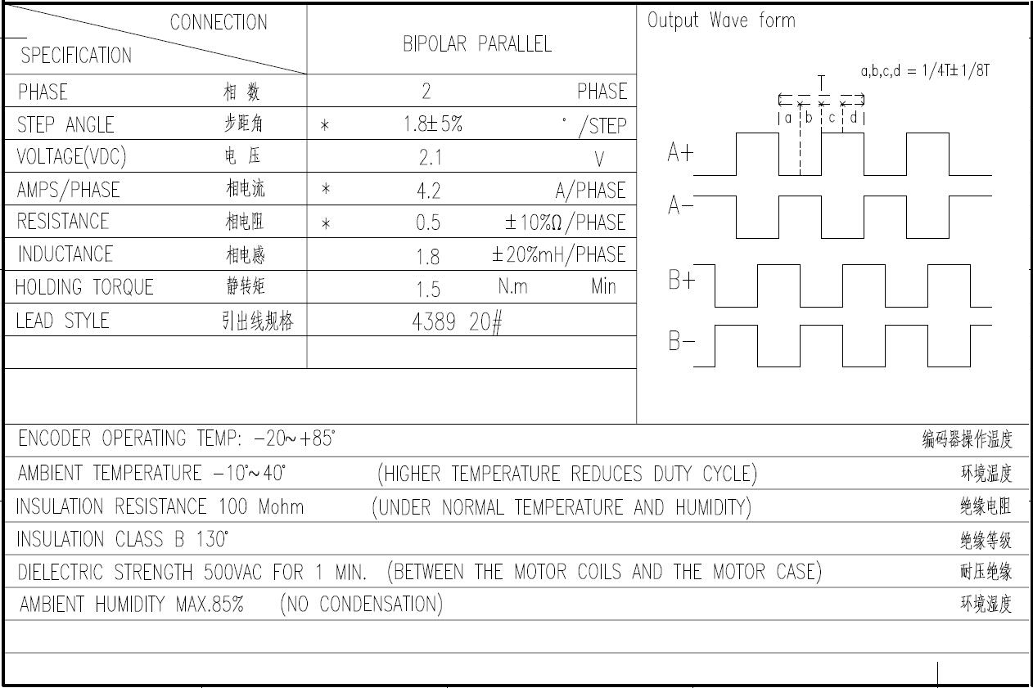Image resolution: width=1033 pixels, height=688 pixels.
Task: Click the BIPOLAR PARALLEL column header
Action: coord(477,44)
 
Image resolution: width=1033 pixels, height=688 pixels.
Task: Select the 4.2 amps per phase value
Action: coord(428,191)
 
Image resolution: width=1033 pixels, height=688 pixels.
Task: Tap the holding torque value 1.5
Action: coord(428,290)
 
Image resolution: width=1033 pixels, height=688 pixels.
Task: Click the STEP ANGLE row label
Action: coord(65,125)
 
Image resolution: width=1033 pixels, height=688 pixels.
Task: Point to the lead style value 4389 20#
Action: coord(457,322)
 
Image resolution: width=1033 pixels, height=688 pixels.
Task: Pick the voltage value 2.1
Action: coord(430,158)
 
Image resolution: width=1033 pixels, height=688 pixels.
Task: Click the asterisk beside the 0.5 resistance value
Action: coord(326,224)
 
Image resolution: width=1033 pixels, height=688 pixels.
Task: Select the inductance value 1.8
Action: coord(427,257)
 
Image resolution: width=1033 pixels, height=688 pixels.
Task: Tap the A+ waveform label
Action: coord(680,152)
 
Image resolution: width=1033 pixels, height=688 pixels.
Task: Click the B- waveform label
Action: coord(681,341)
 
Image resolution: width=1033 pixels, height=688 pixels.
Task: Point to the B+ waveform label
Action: coord(681,280)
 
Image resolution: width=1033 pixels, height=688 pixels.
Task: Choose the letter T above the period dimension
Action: coord(821,83)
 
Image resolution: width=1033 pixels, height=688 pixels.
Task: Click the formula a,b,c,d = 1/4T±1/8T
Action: coord(925,71)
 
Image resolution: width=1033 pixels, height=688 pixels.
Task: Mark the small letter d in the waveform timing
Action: coord(854,118)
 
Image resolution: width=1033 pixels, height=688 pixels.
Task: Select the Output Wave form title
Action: coord(721,20)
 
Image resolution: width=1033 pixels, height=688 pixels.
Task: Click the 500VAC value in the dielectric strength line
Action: coord(233,573)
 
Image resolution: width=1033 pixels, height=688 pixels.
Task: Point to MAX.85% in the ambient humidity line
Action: coord(210,604)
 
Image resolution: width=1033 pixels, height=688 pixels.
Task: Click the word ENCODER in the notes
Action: coord(54,438)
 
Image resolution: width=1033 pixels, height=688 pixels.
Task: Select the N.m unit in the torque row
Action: coord(512,286)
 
